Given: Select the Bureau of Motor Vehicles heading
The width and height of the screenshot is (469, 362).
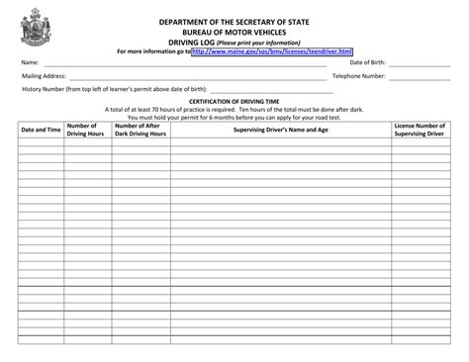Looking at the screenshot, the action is pos(234,32).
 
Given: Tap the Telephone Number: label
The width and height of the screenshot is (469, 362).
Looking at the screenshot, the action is pos(359,75).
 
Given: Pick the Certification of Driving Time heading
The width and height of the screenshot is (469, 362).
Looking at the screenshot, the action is pos(234,102).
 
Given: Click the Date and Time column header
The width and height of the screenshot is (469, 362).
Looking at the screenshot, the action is pos(41,130).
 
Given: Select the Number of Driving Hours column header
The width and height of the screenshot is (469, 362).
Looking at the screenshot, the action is pos(86,130).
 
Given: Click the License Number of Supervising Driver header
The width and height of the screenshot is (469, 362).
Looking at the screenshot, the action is pos(422,130).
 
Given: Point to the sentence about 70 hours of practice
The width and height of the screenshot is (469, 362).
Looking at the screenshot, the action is pos(234,110).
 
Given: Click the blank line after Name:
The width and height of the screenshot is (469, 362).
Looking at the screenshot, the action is pos(178,63).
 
